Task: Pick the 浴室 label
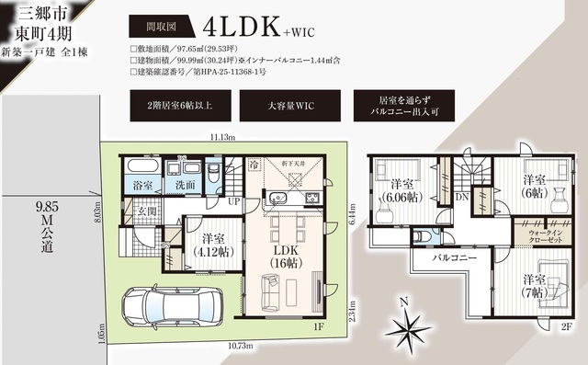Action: pyautogui.click(x=143, y=184)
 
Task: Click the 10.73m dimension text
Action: pyautogui.click(x=218, y=347)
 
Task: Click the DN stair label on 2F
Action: pyautogui.click(x=462, y=196)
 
